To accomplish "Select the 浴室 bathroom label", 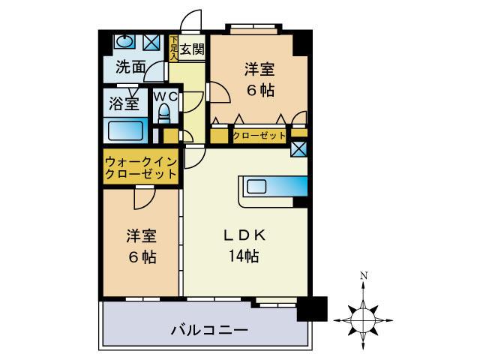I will click(x=124, y=103).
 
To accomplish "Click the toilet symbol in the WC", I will click(x=163, y=113).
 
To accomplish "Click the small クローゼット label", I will click(x=259, y=136).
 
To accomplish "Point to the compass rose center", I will click(x=363, y=319).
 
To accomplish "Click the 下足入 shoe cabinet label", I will click(x=174, y=48).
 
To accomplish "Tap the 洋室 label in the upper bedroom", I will click(x=259, y=70).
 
